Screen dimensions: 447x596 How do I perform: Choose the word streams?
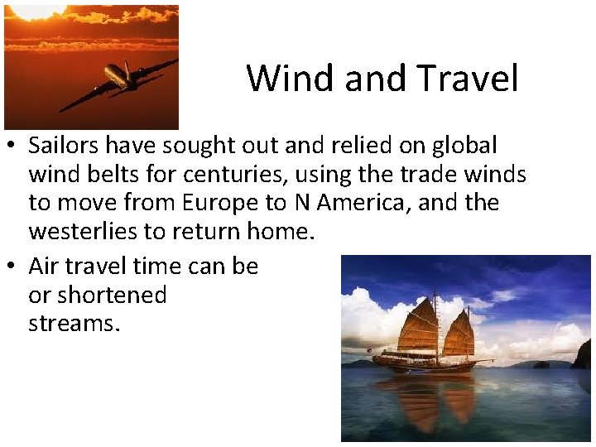[74, 323]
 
